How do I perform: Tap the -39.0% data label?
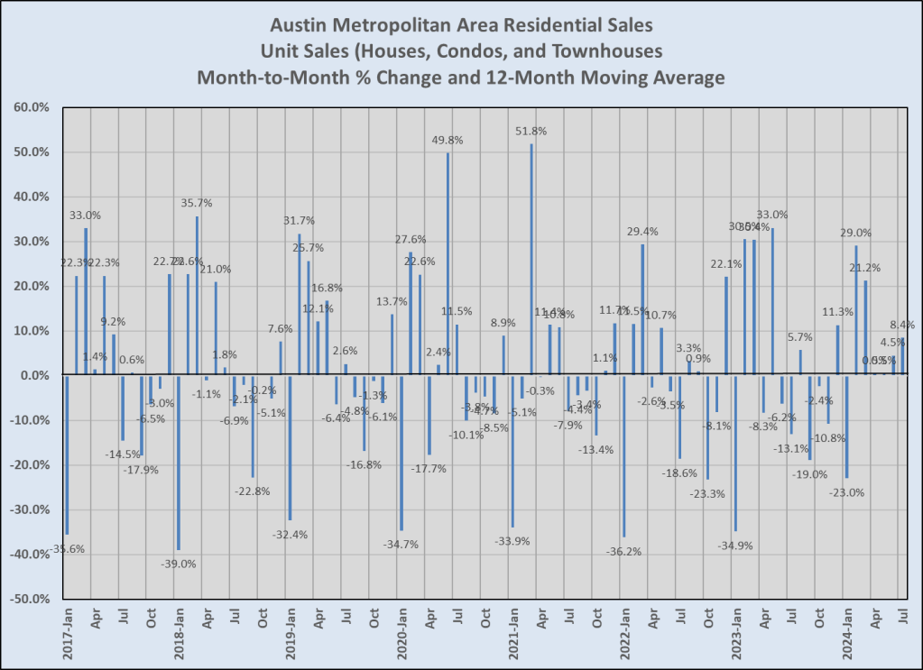tap(178, 564)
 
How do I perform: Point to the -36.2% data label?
tap(623, 551)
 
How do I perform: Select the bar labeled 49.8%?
tap(448, 263)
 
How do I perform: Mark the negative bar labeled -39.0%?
tap(179, 463)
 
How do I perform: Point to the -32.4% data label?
tap(290, 534)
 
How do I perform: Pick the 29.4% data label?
tap(642, 232)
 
